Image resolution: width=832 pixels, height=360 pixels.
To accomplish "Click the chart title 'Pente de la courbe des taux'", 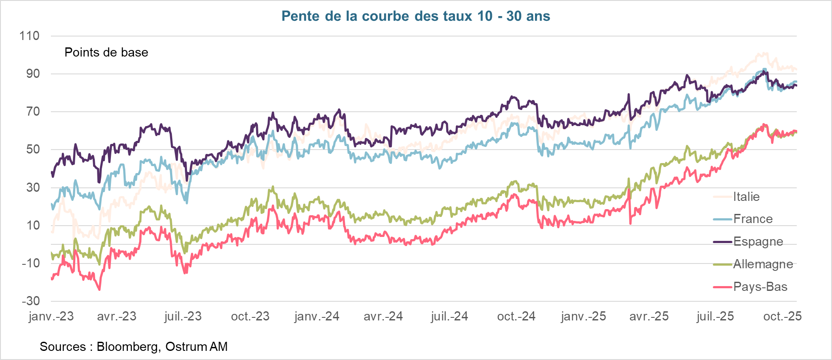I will click(x=415, y=16).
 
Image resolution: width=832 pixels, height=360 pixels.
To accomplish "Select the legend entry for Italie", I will click(x=746, y=197).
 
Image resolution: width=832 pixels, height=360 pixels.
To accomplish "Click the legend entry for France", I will click(x=752, y=219).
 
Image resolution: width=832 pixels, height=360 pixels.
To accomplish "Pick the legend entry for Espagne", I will click(x=758, y=241).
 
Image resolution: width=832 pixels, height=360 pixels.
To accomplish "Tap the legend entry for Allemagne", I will click(x=762, y=264).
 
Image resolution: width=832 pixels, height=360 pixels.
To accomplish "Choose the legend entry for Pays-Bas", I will click(x=760, y=287).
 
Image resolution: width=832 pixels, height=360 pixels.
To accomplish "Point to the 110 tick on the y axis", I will click(x=29, y=36).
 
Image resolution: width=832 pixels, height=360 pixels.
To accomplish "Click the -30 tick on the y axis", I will click(x=30, y=301).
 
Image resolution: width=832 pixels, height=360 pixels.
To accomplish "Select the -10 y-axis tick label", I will click(x=30, y=263).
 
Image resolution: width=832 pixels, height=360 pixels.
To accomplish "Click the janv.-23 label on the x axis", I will click(x=51, y=316).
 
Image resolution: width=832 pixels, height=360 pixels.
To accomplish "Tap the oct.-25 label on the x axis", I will click(x=782, y=316).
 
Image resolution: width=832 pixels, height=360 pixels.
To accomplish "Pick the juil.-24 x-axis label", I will click(x=449, y=316).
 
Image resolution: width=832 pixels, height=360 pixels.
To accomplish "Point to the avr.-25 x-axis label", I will click(x=648, y=316).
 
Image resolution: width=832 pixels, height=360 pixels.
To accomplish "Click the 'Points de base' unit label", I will click(x=106, y=53).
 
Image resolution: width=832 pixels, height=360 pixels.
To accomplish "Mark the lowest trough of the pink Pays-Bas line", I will click(x=100, y=290).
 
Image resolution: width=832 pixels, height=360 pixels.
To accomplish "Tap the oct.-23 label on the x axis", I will click(x=250, y=316).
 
